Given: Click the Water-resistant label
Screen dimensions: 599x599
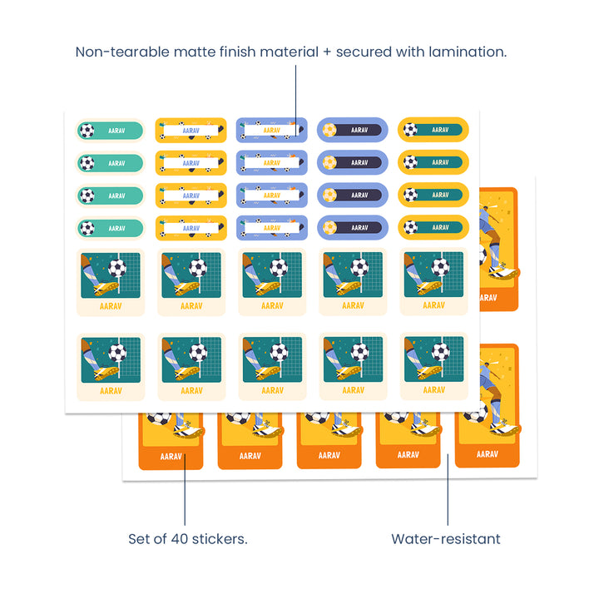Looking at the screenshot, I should tap(446, 539).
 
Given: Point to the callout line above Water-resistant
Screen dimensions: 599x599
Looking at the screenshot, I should tap(448, 491).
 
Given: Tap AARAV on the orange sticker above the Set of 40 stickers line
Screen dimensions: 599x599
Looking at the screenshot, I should tap(171, 456).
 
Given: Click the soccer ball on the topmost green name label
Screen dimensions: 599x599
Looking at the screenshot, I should tap(87, 130).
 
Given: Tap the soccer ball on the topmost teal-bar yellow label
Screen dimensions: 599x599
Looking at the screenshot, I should tap(410, 130).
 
